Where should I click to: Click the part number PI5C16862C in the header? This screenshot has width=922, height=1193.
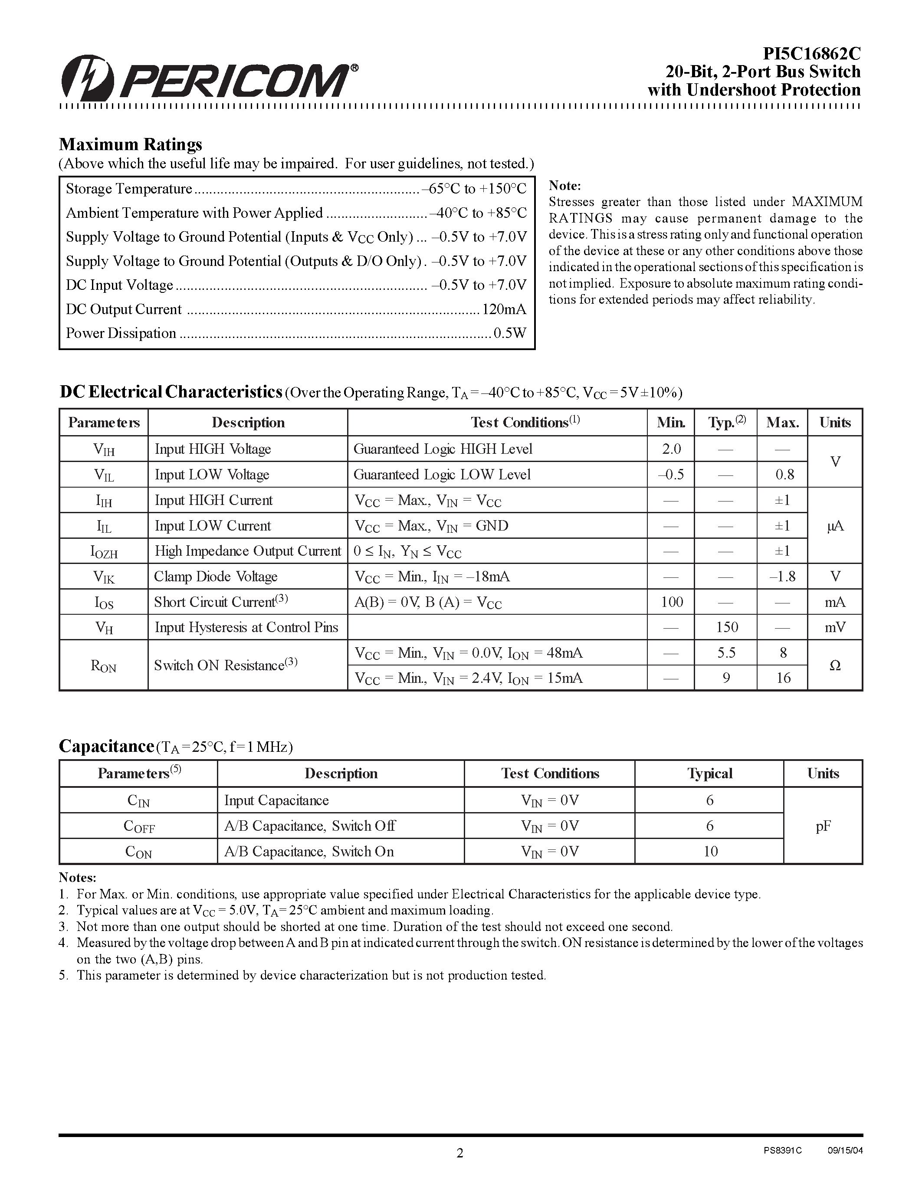coord(811,53)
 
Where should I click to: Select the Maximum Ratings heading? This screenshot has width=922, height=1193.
coord(131,144)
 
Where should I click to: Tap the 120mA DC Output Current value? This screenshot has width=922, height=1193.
coord(504,310)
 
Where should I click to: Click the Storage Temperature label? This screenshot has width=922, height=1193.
coord(129,189)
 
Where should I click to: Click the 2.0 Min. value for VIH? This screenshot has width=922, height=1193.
coord(671,449)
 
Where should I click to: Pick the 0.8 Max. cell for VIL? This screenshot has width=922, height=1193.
coord(784,475)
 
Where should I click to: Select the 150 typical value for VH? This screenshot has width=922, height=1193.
coord(726,628)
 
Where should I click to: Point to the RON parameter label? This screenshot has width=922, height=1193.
coord(103,666)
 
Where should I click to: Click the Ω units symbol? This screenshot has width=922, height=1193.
coord(835,666)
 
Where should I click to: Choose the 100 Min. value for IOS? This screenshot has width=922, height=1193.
coord(672,602)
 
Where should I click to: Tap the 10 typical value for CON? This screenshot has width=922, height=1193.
coord(710,852)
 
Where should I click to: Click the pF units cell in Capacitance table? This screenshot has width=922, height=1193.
coord(823,826)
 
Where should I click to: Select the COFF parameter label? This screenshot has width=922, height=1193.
coord(139,826)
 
